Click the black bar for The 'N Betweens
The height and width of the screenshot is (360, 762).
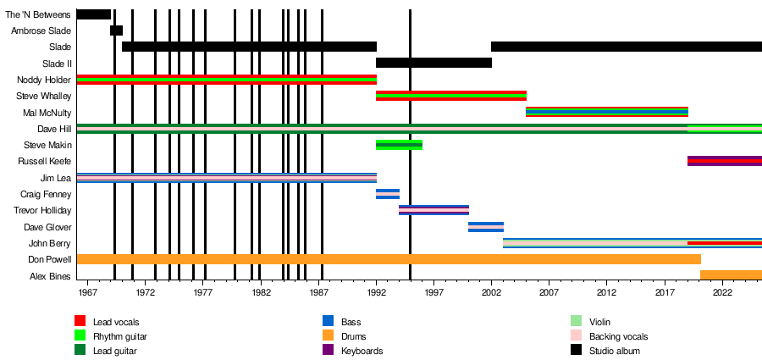tap(93, 14)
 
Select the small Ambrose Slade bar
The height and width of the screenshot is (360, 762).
tap(116, 30)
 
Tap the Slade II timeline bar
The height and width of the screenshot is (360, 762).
tap(433, 63)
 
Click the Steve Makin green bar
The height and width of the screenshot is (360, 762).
tap(398, 145)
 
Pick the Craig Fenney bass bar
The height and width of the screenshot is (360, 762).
tap(387, 194)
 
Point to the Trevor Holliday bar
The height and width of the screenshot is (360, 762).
tap(433, 210)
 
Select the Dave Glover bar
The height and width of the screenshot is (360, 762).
tap(486, 227)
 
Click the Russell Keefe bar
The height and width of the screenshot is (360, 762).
tap(724, 161)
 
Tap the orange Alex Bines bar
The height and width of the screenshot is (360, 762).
tap(731, 275)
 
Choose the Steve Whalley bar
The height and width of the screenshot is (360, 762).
tap(450, 96)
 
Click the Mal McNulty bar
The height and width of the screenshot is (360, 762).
tap(606, 112)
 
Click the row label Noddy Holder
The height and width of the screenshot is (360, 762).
tap(49, 80)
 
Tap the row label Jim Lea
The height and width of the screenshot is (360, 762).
tap(56, 178)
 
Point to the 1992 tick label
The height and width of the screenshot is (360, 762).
tap(376, 292)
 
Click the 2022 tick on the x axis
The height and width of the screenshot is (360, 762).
tap(722, 292)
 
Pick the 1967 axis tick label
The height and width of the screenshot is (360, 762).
tap(87, 292)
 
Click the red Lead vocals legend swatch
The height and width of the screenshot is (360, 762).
tap(80, 322)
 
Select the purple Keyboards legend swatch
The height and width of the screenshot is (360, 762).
tap(328, 351)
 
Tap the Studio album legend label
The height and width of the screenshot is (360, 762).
tap(614, 351)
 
